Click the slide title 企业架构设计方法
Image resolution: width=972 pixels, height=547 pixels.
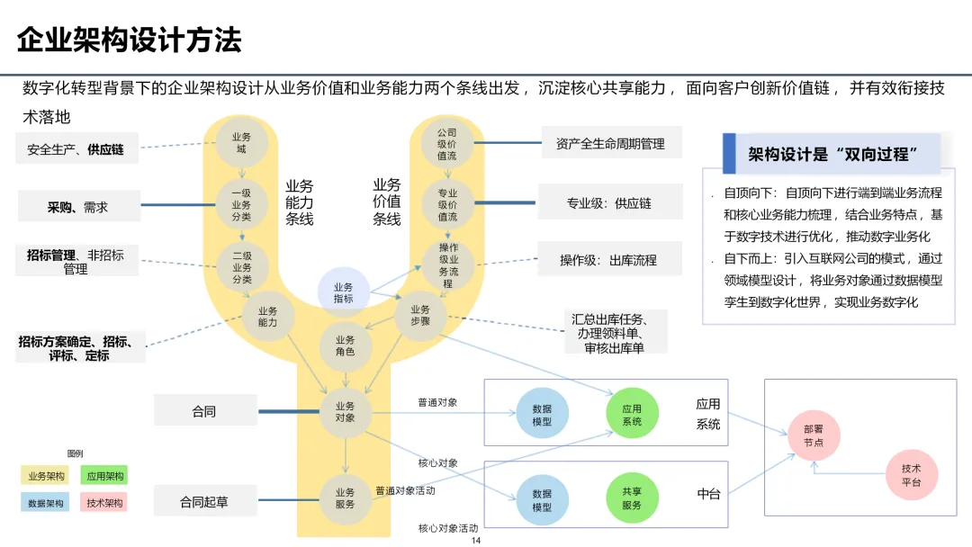(x=130, y=40)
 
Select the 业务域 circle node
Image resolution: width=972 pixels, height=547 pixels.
(x=241, y=143)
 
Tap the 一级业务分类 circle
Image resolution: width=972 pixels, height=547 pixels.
(x=241, y=204)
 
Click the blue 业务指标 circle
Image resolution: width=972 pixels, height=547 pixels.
(x=344, y=292)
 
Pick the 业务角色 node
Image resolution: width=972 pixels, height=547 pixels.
(x=345, y=345)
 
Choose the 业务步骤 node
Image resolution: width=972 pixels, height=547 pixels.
(x=421, y=316)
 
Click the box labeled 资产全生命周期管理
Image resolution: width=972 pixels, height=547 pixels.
(x=610, y=144)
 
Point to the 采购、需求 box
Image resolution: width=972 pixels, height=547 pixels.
(x=78, y=207)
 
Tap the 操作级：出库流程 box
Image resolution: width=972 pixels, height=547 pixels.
(x=608, y=260)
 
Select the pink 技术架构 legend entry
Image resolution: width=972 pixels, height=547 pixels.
(x=104, y=503)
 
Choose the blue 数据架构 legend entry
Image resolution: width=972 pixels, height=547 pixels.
(x=46, y=503)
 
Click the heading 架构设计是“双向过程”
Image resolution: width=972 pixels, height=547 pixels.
(x=832, y=155)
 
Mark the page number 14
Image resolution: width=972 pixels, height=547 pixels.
(x=477, y=541)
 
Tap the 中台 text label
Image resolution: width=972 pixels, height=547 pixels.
(x=708, y=494)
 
